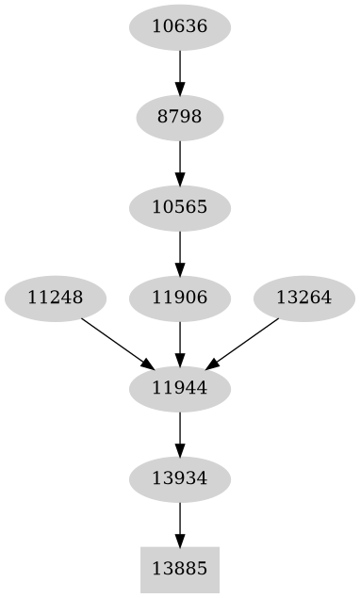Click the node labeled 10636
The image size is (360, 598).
pyautogui.click(x=179, y=27)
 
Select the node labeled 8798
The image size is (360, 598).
pyautogui.click(x=179, y=118)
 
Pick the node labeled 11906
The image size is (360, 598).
pyautogui.click(x=179, y=299)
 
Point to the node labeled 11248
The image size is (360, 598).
pyautogui.click(x=55, y=299)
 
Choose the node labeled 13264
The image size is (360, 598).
pyautogui.click(x=303, y=299)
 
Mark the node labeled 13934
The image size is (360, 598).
pyautogui.click(x=179, y=479)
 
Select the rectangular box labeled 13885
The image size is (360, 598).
pyautogui.click(x=179, y=570)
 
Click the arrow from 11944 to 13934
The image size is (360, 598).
pyautogui.click(x=179, y=433)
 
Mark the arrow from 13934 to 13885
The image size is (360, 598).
pyautogui.click(x=179, y=524)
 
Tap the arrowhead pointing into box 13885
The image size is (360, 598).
pyautogui.click(x=179, y=539)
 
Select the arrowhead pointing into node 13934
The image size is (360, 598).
pyautogui.click(x=179, y=449)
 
